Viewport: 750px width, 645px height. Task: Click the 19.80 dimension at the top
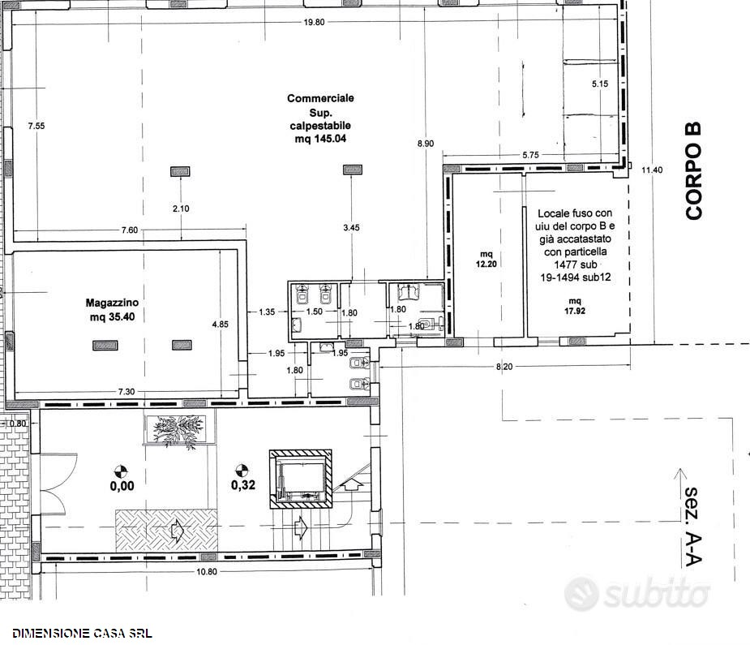(314, 22)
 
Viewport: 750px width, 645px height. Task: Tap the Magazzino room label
(112, 303)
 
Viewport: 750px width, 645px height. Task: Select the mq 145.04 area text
(320, 139)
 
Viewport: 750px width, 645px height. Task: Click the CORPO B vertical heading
(693, 171)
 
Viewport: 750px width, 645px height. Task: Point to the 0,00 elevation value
(122, 486)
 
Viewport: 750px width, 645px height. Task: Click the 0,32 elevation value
(243, 485)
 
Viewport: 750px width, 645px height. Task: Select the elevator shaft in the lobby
(300, 479)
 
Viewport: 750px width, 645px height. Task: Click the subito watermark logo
(636, 594)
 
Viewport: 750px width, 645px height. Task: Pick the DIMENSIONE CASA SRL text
(82, 634)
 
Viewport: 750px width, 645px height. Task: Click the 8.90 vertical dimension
(425, 143)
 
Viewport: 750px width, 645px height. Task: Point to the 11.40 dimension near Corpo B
(652, 170)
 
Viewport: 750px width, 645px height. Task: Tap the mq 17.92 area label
(574, 306)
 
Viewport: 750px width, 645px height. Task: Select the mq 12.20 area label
(486, 259)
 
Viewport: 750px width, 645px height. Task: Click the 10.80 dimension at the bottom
(206, 571)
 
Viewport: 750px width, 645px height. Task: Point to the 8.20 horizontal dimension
(504, 367)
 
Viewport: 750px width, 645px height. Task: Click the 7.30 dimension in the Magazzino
(126, 391)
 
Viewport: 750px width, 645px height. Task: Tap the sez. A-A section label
(692, 527)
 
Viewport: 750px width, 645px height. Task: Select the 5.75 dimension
(530, 154)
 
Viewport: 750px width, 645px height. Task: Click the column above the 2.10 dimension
(180, 171)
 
